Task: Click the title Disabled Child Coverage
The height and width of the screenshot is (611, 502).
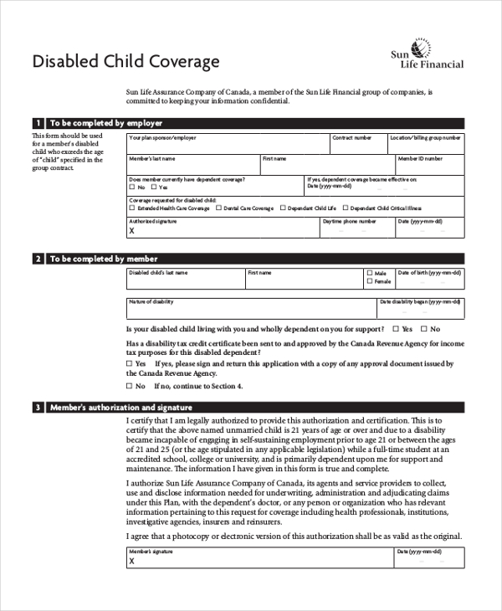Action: tap(125, 61)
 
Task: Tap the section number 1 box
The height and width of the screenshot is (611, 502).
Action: tap(38, 122)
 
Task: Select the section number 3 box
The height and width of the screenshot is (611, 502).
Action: tap(38, 408)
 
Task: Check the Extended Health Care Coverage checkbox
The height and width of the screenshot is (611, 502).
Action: tap(131, 208)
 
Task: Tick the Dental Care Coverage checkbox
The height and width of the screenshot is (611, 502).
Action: tap(219, 208)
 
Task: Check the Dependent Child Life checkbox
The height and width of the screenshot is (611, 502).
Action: tap(283, 208)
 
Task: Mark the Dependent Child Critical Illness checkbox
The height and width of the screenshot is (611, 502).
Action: tap(346, 208)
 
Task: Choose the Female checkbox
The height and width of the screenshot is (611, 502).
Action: tap(370, 282)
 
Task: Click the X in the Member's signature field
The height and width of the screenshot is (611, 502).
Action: tap(131, 562)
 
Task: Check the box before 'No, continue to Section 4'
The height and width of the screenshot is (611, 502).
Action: tap(130, 387)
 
